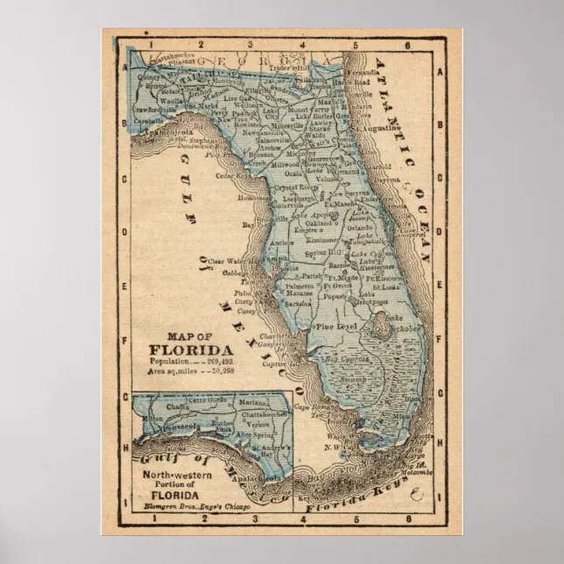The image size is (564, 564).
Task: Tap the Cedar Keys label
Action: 234,175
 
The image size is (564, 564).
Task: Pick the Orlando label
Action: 360,229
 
